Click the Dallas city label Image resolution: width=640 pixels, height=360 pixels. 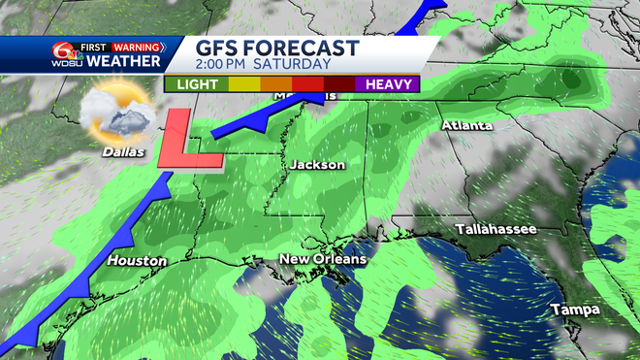pos(122,152)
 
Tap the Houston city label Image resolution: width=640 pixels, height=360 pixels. pos(138,261)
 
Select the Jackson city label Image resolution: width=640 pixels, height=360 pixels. pos(316,165)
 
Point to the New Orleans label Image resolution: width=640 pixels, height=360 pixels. pos(323,259)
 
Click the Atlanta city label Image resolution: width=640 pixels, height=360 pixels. pos(467,126)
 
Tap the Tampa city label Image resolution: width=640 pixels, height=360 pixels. pos(575,309)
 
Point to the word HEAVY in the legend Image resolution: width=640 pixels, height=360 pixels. pos(387,83)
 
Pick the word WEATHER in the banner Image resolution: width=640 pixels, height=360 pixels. pos(122,62)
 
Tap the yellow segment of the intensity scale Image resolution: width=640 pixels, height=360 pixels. pos(241,83)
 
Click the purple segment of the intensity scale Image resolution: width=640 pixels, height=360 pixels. pos(387,83)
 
